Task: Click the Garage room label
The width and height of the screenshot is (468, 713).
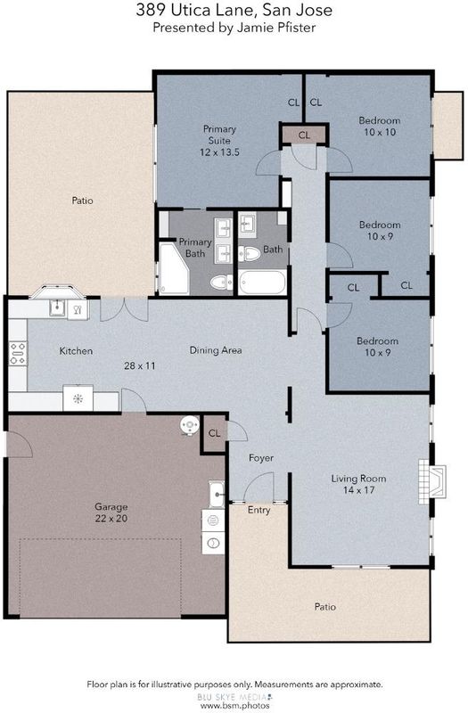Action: [111, 506]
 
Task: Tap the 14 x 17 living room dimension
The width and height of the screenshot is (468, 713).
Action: [359, 490]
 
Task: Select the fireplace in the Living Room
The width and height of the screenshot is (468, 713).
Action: [432, 481]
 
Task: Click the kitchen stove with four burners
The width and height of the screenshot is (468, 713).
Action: [18, 353]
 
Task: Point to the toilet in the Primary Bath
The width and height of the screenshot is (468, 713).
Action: [221, 283]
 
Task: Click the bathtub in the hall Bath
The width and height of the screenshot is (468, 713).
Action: [262, 283]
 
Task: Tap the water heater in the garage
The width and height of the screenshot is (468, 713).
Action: [190, 426]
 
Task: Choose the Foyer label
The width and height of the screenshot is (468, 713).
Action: [261, 458]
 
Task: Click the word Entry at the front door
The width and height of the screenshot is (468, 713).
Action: [259, 510]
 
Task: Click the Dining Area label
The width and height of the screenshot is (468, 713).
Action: [216, 350]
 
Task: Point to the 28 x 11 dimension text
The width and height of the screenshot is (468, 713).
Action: [140, 365]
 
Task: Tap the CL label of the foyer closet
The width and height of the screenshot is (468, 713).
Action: [214, 433]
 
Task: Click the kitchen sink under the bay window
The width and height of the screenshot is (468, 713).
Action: [58, 308]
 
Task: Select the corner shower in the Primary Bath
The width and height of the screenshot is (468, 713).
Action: [174, 269]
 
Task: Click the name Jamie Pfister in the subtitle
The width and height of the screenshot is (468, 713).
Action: [276, 28]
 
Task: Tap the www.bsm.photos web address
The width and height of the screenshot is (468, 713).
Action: [235, 706]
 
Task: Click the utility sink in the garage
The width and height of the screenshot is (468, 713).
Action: [217, 494]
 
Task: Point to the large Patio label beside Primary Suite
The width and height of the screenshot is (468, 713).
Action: [82, 200]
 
